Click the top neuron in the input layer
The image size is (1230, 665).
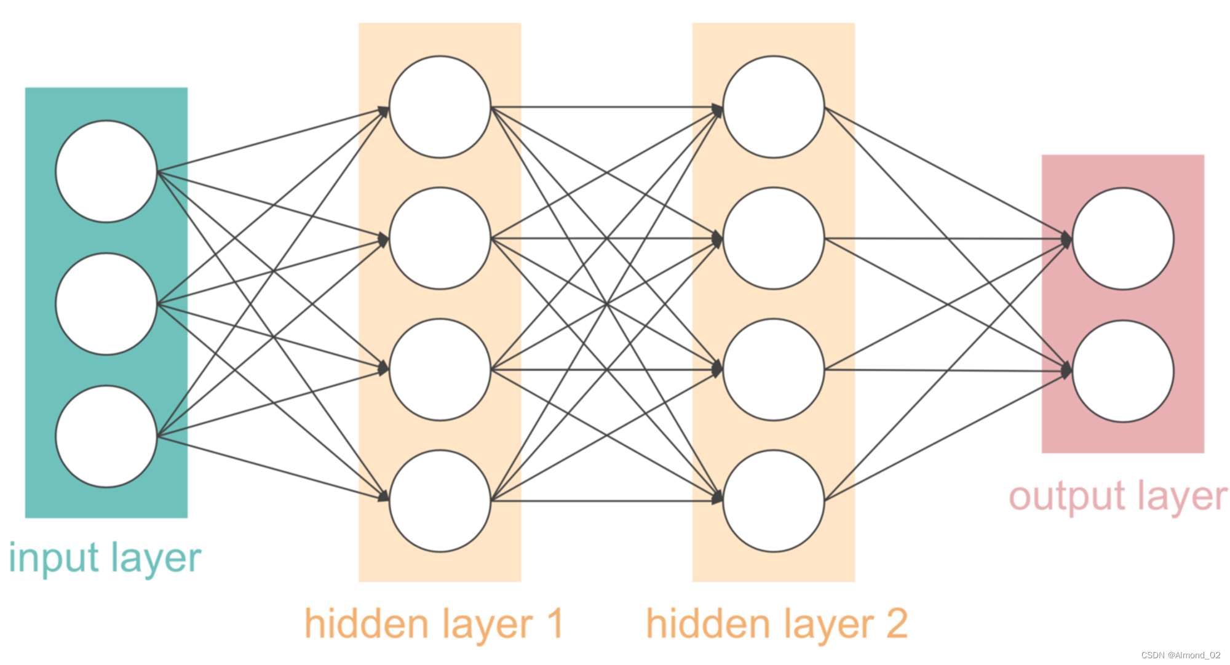click(106, 171)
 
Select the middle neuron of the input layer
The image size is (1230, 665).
click(106, 304)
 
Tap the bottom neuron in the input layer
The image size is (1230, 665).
click(106, 437)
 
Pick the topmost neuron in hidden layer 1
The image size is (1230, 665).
click(440, 107)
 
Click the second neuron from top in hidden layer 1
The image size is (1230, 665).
click(440, 238)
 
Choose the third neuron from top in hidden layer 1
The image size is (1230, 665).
click(440, 370)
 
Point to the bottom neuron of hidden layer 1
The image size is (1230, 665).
click(440, 501)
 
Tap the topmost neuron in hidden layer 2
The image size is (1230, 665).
click(774, 107)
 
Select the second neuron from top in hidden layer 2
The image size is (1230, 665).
click(774, 238)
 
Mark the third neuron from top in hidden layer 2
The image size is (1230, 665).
click(774, 370)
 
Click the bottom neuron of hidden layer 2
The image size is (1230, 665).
click(774, 501)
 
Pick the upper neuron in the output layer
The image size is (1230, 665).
click(1123, 239)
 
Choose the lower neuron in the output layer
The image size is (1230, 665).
click(1123, 371)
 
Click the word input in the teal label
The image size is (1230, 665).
click(54, 559)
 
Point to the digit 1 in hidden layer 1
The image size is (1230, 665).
click(555, 623)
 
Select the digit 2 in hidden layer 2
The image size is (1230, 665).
click(897, 623)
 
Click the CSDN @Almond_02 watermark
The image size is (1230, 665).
click(1180, 655)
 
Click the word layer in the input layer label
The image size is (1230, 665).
click(156, 559)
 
